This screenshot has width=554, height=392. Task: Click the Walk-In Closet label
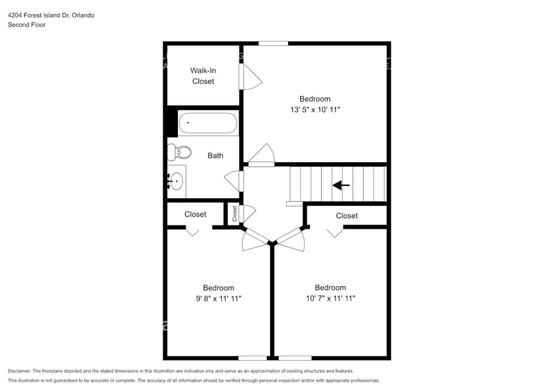(x=203, y=75)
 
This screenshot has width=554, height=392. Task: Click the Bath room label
(x=215, y=155)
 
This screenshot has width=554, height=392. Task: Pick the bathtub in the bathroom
(x=207, y=124)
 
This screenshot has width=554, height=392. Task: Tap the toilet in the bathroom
(x=179, y=153)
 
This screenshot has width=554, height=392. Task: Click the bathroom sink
(x=176, y=181)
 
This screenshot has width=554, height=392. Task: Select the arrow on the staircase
(x=341, y=185)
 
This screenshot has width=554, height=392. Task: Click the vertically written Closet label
(x=235, y=213)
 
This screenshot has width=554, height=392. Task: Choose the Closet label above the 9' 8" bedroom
(x=195, y=215)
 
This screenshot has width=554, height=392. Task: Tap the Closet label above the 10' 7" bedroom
(x=347, y=215)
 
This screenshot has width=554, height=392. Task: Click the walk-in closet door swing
(x=251, y=77)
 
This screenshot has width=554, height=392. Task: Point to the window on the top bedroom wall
(x=273, y=44)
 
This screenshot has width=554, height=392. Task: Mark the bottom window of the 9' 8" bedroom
(x=253, y=358)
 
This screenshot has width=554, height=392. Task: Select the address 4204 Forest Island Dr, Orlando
(x=51, y=15)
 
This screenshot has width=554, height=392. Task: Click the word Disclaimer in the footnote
(x=19, y=371)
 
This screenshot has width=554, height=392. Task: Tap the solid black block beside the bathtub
(x=171, y=122)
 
